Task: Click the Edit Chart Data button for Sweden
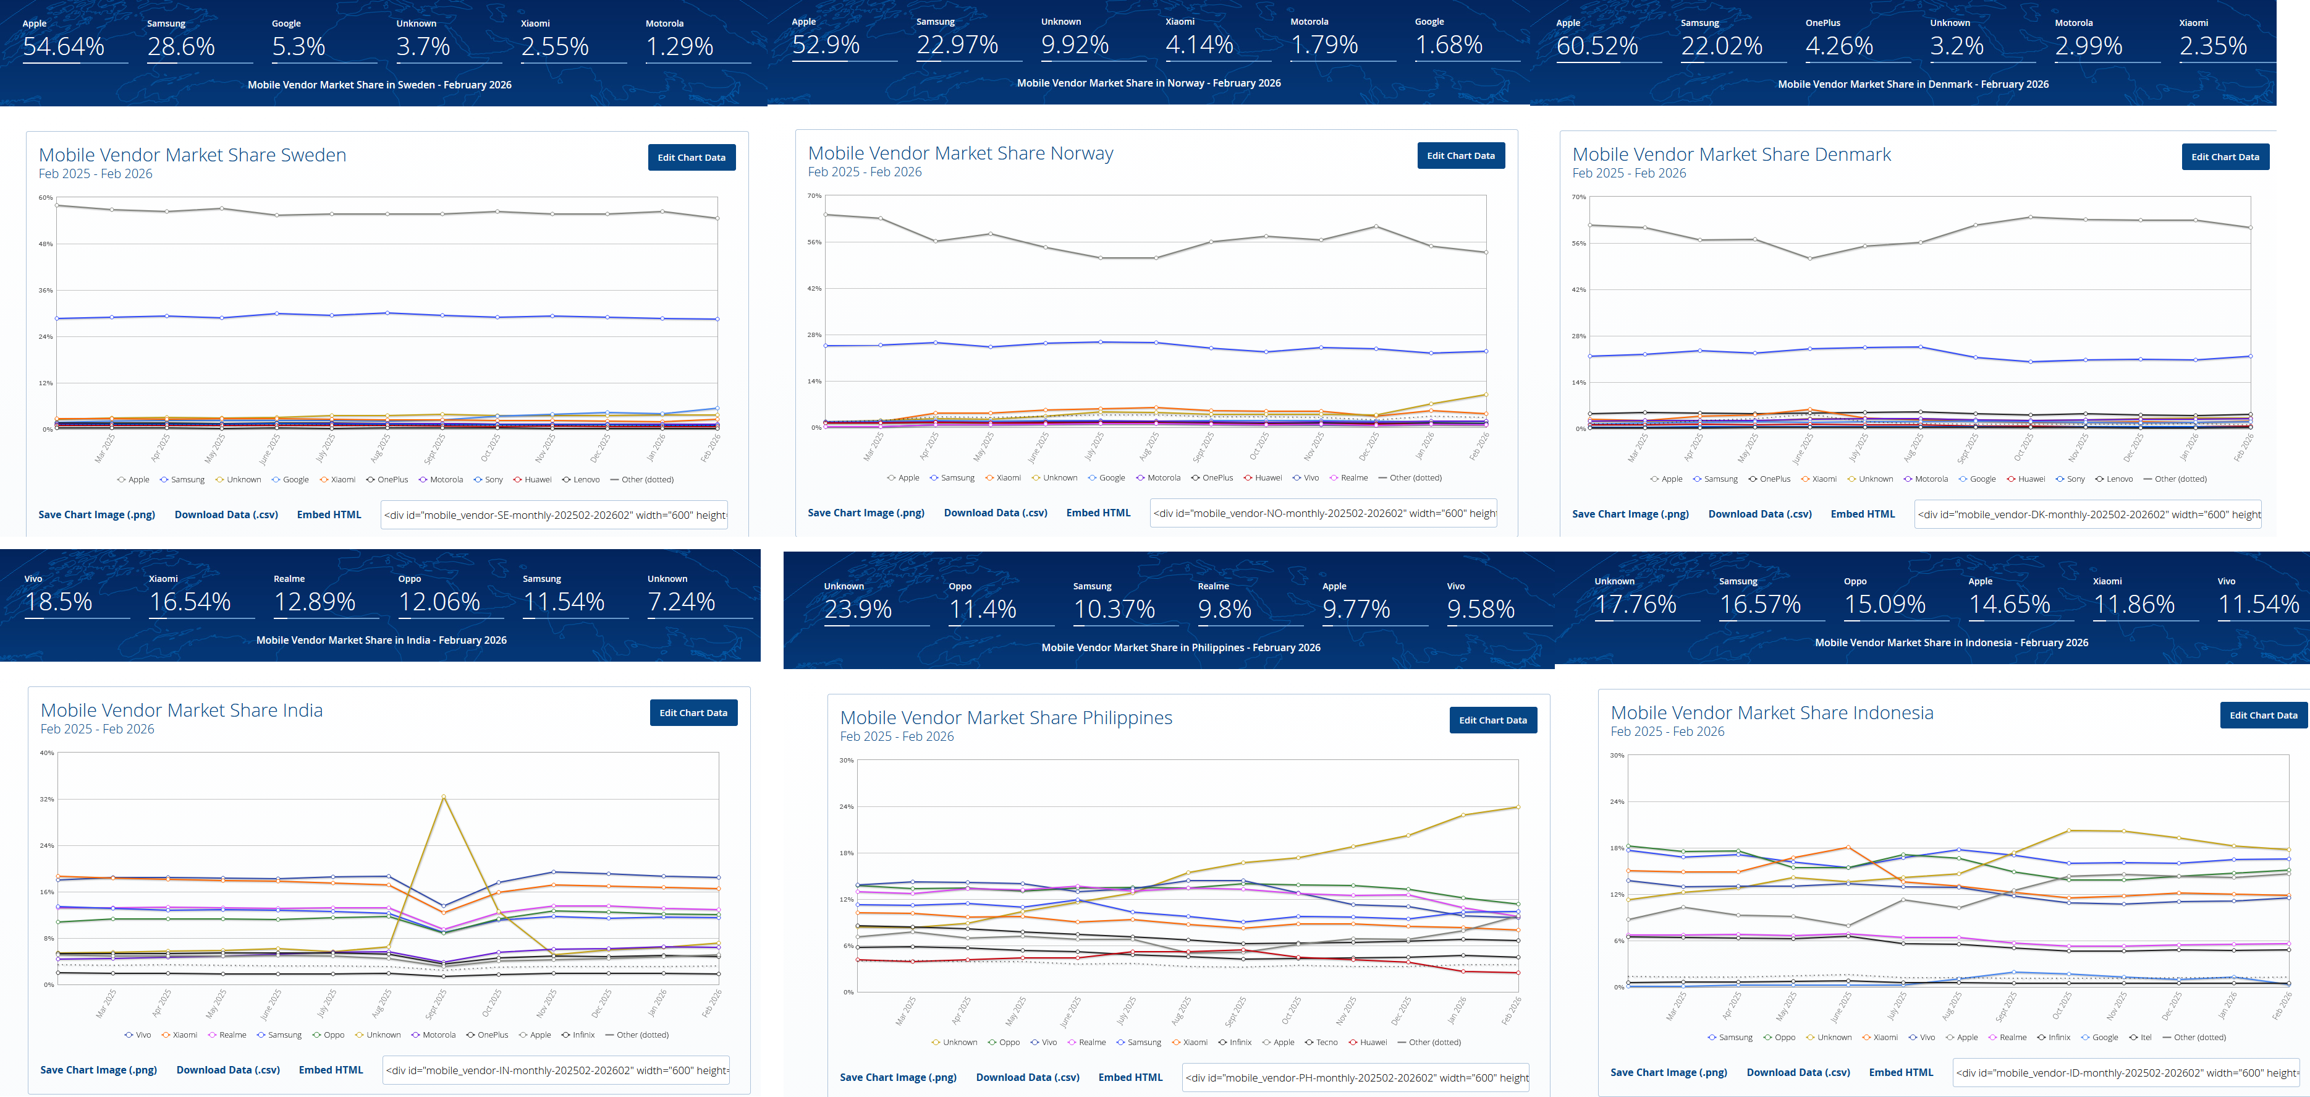point(692,158)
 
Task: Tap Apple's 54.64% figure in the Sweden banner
point(64,46)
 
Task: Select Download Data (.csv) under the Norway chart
point(996,513)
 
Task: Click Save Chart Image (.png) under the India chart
point(99,1070)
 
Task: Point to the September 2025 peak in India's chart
point(443,796)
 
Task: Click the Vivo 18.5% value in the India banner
point(59,602)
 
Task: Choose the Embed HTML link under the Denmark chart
point(1863,514)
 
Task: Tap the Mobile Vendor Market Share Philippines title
point(1006,717)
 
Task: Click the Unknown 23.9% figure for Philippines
point(858,609)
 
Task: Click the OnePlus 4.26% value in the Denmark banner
point(1839,46)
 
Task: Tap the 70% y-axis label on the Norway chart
point(814,195)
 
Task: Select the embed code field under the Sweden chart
point(554,515)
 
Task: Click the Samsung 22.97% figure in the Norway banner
point(957,45)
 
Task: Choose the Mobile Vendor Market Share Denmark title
point(1731,154)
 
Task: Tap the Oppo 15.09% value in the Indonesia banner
point(1885,605)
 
